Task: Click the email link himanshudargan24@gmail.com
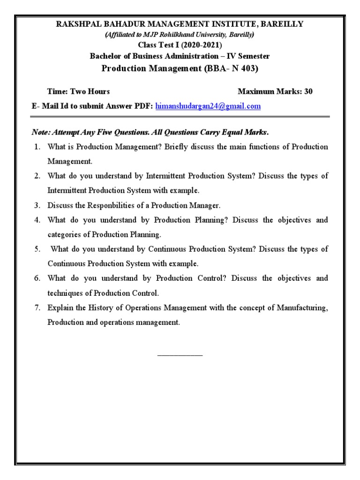[x=208, y=106]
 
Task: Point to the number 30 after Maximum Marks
[x=308, y=91]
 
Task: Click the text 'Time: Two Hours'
[x=78, y=91]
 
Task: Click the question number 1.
[x=37, y=147]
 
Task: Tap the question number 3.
[x=37, y=205]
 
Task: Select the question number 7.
[x=37, y=308]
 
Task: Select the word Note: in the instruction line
[x=41, y=131]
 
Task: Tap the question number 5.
[x=37, y=249]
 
